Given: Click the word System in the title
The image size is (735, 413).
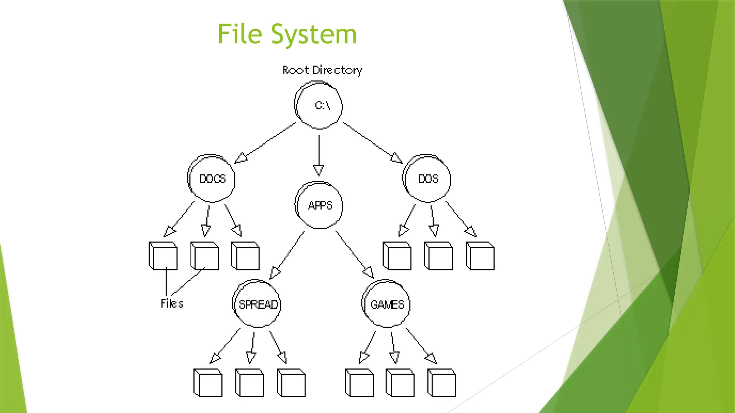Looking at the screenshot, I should pos(314,35).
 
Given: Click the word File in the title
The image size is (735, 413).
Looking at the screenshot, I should pos(240,34).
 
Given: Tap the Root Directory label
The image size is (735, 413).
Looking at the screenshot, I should pos(322,70).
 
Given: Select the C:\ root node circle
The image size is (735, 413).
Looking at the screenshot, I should pos(319,105).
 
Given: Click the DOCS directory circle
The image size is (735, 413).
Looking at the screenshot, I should pos(212,179).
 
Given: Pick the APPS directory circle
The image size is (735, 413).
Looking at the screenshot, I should pos(319,205).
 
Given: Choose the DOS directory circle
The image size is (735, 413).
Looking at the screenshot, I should pos(427,179).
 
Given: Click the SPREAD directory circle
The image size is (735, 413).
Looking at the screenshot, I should pos(257,304).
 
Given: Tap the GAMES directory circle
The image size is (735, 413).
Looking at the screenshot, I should pos(386,304).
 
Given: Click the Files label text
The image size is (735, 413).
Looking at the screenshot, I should pos(172,304).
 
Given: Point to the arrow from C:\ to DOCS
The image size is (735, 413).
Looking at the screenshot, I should pos(266,142).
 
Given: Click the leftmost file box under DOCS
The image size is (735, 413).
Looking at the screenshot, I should pos(163,256).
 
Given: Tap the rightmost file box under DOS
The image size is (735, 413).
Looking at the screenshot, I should pos(480,256).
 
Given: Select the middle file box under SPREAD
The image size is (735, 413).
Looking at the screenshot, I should pos(250,383).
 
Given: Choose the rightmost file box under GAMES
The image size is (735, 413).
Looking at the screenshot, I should pos(442,383).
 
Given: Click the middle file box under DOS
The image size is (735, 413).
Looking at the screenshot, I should pos(439,256).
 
